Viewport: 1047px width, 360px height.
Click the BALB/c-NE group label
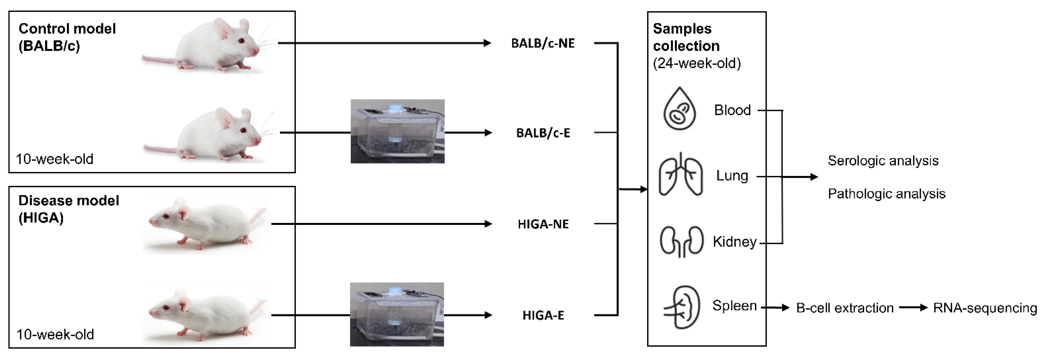click(543, 43)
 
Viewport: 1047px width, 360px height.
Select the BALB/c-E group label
click(543, 133)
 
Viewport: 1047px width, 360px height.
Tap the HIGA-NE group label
click(543, 224)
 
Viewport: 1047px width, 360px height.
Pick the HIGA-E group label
click(543, 315)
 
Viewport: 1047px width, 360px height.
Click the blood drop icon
click(679, 109)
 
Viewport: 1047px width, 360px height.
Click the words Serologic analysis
click(883, 161)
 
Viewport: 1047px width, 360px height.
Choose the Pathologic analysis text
click(886, 194)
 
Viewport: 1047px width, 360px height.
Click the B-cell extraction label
click(845, 308)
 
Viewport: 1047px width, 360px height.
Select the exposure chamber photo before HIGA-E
click(397, 314)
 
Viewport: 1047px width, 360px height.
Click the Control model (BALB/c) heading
click(67, 37)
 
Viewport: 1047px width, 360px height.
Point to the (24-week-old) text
click(697, 63)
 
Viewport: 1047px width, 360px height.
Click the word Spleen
click(734, 306)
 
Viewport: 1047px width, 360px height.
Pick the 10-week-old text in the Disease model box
click(55, 334)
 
